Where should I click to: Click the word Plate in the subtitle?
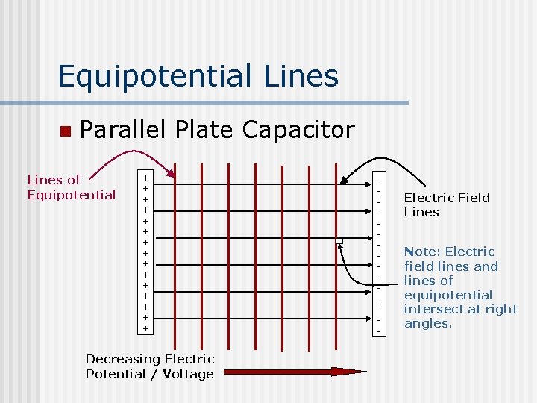202,130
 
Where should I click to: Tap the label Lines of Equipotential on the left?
71,187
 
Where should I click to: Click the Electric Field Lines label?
446,204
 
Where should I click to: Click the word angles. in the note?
427,323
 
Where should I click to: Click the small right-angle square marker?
339,240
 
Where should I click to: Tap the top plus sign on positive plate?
146,178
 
